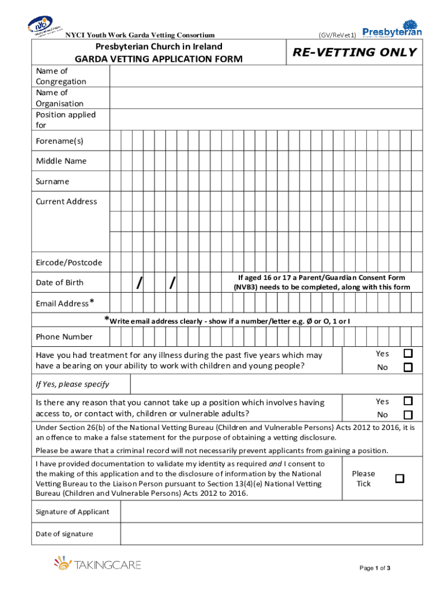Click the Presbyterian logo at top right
(x=392, y=29)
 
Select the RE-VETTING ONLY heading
(x=354, y=53)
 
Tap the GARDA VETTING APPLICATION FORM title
(x=159, y=59)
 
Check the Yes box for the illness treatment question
(x=408, y=353)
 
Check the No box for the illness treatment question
(x=408, y=367)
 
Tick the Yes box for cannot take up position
(x=408, y=401)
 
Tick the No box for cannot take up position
(x=408, y=415)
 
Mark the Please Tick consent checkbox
(x=399, y=478)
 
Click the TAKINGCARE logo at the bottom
(x=98, y=564)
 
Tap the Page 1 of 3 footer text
(x=375, y=568)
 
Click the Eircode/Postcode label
(x=69, y=263)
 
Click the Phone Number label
(x=64, y=337)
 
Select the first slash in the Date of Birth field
(x=138, y=283)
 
